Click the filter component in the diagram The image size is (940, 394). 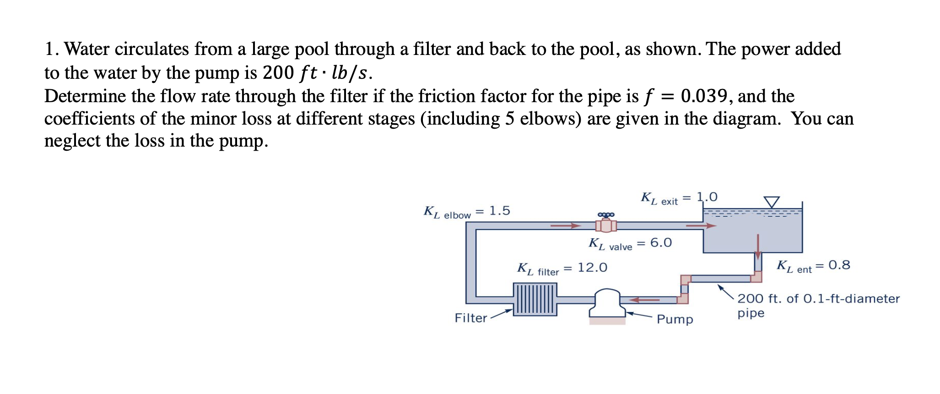pyautogui.click(x=535, y=299)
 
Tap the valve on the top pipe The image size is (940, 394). pyautogui.click(x=606, y=224)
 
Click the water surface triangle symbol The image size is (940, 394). pyautogui.click(x=772, y=202)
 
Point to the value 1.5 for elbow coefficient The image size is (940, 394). pyautogui.click(x=499, y=211)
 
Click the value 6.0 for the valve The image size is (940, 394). pyautogui.click(x=661, y=243)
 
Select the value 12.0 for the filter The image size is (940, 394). pyautogui.click(x=592, y=268)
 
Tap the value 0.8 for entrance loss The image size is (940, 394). pyautogui.click(x=839, y=265)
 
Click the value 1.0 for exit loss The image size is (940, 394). pyautogui.click(x=707, y=197)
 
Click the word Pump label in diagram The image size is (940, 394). pyautogui.click(x=675, y=319)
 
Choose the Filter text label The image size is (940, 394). pyautogui.click(x=470, y=318)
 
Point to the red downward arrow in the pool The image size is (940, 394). pyautogui.click(x=758, y=247)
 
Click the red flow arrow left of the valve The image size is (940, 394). pyautogui.click(x=565, y=225)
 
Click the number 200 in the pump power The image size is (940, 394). pyautogui.click(x=278, y=73)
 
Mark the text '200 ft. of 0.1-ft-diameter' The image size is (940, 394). pyautogui.click(x=818, y=299)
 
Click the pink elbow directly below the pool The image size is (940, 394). pyautogui.click(x=757, y=277)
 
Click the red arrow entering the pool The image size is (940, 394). pyautogui.click(x=701, y=225)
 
